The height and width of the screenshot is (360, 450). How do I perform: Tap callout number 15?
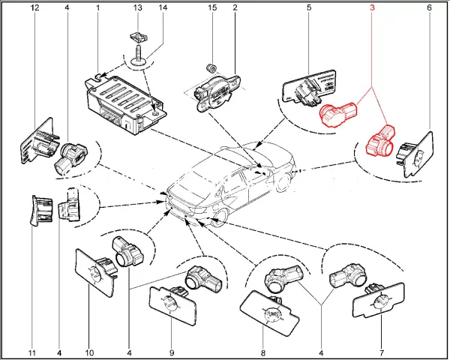click(212, 7)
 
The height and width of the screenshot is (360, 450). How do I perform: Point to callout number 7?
click(382, 352)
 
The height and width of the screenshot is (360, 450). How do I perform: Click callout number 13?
click(137, 7)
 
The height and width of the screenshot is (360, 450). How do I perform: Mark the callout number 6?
click(430, 7)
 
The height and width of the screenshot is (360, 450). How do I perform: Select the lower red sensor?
click(379, 142)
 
